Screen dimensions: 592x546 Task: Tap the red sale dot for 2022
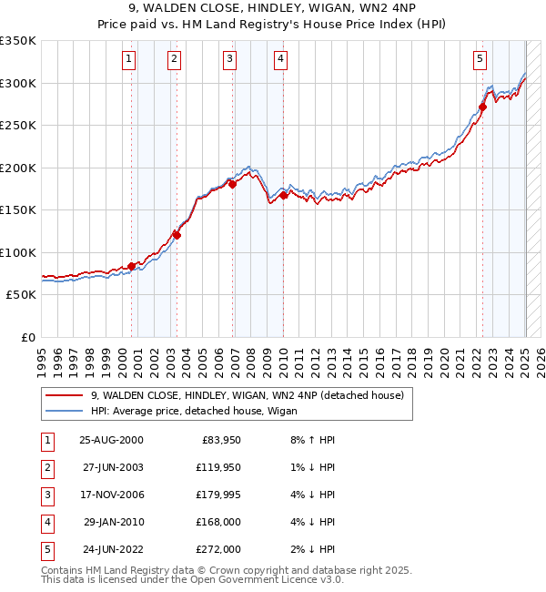pos(482,107)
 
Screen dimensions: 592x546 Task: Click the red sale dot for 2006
pos(232,184)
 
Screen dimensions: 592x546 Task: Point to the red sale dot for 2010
pos(283,195)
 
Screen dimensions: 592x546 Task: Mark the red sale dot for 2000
pos(132,266)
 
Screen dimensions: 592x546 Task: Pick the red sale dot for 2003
pos(177,235)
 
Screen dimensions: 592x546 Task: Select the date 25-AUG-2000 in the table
pos(111,440)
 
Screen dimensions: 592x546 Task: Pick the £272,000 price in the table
pos(218,549)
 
